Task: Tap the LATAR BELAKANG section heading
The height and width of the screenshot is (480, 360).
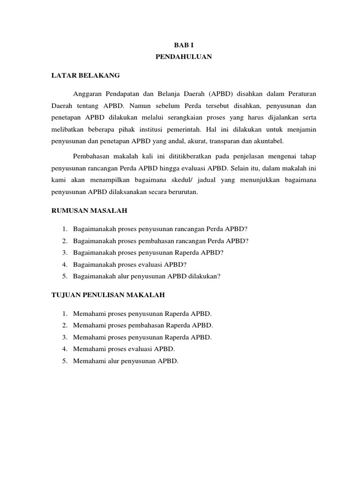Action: click(85, 75)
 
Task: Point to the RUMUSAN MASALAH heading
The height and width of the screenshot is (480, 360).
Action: click(89, 211)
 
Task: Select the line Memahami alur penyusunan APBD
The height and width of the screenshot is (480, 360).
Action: click(126, 361)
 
